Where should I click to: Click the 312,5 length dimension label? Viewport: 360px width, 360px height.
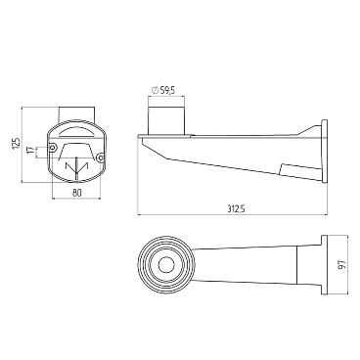236,209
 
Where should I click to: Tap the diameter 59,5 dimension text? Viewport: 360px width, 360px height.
164,90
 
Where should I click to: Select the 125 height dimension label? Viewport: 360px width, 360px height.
16,144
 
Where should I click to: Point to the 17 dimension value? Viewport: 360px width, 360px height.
30,150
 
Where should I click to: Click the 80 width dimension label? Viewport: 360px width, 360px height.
76,193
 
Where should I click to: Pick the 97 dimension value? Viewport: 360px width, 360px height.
340,264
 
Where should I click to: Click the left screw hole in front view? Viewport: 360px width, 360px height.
53,148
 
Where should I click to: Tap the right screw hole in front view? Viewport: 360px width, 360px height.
101,158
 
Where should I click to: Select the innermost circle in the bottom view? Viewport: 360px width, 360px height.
166,264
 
